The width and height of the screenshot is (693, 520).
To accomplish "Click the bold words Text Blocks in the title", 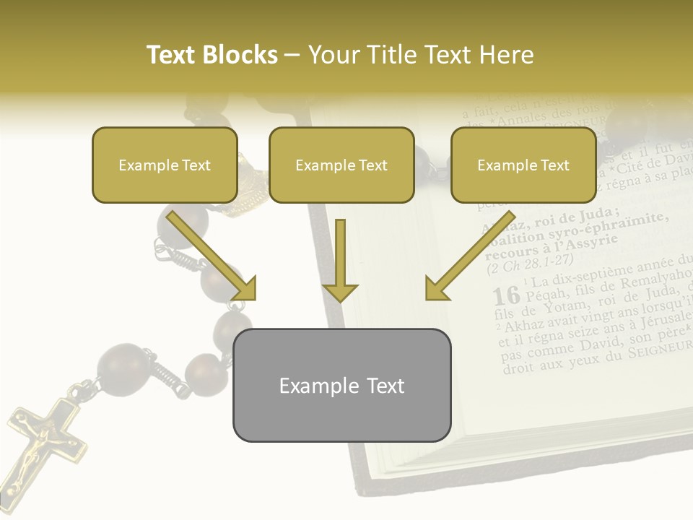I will pyautogui.click(x=212, y=55).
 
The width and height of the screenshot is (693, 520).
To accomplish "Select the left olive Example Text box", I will pyautogui.click(x=165, y=165).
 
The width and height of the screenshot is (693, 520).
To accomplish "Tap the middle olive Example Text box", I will pyautogui.click(x=341, y=165).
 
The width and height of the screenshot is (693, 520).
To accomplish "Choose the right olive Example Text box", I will pyautogui.click(x=523, y=165).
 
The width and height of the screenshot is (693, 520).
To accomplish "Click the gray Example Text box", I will pyautogui.click(x=341, y=385).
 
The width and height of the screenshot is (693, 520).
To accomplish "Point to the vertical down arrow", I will pyautogui.click(x=340, y=260).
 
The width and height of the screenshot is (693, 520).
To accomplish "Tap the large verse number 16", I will pyautogui.click(x=506, y=295).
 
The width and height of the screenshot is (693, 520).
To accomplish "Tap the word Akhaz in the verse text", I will pyautogui.click(x=528, y=321).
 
